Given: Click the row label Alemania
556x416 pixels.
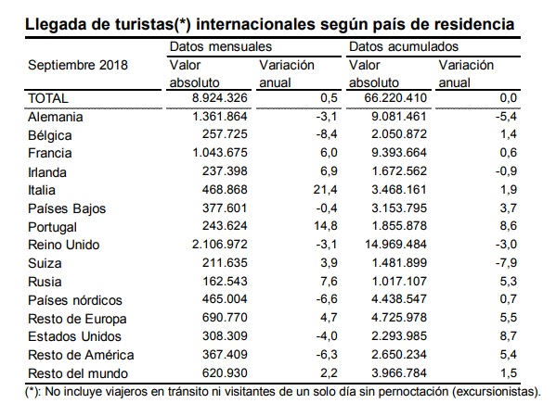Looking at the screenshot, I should coord(56,117).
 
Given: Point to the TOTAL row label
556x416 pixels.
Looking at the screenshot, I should coord(49,97).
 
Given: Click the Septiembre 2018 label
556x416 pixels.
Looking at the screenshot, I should coord(78,66).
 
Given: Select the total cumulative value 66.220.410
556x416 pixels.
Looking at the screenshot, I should coord(384,97).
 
